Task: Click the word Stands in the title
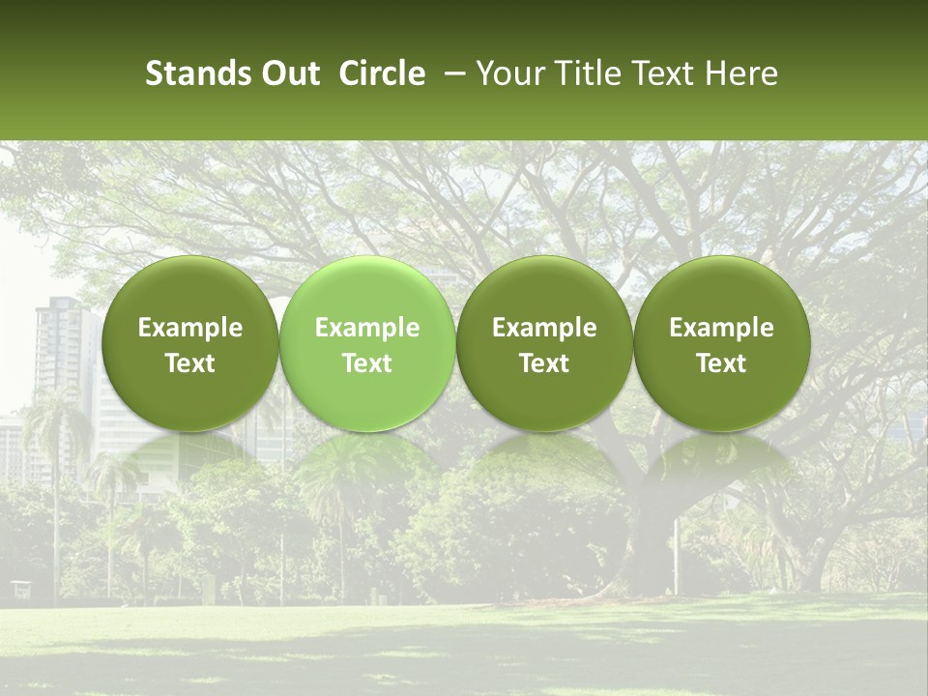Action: [x=194, y=74]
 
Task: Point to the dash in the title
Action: [x=450, y=74]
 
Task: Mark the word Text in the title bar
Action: [x=659, y=74]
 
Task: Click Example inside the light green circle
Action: [x=367, y=328]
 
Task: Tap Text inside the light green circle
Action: [x=367, y=363]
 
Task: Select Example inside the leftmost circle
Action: [x=190, y=328]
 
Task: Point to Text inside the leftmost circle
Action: [x=190, y=363]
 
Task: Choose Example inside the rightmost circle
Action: [x=721, y=328]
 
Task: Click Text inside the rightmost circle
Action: [x=721, y=363]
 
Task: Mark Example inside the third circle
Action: [x=544, y=328]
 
